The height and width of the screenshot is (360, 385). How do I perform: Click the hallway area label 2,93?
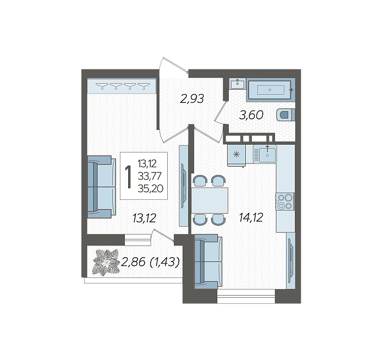[192, 99]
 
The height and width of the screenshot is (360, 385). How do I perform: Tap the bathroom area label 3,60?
[251, 115]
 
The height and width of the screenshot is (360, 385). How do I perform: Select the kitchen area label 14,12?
[251, 217]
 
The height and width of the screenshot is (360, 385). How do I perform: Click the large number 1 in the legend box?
[128, 177]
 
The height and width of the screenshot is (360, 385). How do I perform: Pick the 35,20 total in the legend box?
[150, 188]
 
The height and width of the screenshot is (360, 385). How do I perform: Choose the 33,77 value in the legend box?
[150, 176]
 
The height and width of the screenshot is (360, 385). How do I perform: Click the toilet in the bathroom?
[285, 115]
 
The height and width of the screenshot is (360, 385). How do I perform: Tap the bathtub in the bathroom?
[271, 90]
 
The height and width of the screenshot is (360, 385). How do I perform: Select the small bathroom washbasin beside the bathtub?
[238, 84]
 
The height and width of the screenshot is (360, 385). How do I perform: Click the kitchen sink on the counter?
[265, 154]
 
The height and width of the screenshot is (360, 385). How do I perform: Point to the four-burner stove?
[285, 201]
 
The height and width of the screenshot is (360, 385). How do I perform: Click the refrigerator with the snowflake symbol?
[237, 155]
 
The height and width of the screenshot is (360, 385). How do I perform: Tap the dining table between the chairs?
[210, 200]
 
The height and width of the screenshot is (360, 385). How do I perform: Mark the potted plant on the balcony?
[106, 262]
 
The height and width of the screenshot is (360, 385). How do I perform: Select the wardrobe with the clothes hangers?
[122, 86]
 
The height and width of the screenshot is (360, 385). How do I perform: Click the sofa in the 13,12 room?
[102, 187]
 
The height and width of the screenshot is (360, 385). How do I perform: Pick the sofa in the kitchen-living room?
[208, 261]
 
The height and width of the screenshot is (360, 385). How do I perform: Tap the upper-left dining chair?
[200, 181]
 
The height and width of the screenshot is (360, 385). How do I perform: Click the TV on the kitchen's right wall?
[291, 260]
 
